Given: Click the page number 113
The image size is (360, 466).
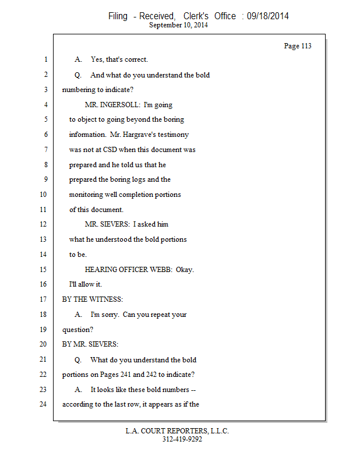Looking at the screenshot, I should (x=306, y=46).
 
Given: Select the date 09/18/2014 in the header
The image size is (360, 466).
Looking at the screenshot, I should (x=268, y=16).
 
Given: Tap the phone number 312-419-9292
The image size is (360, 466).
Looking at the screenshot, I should (x=182, y=440).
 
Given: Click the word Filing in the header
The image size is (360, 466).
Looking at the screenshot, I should (x=118, y=16).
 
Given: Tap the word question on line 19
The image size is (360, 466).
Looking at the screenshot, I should (x=76, y=330).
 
